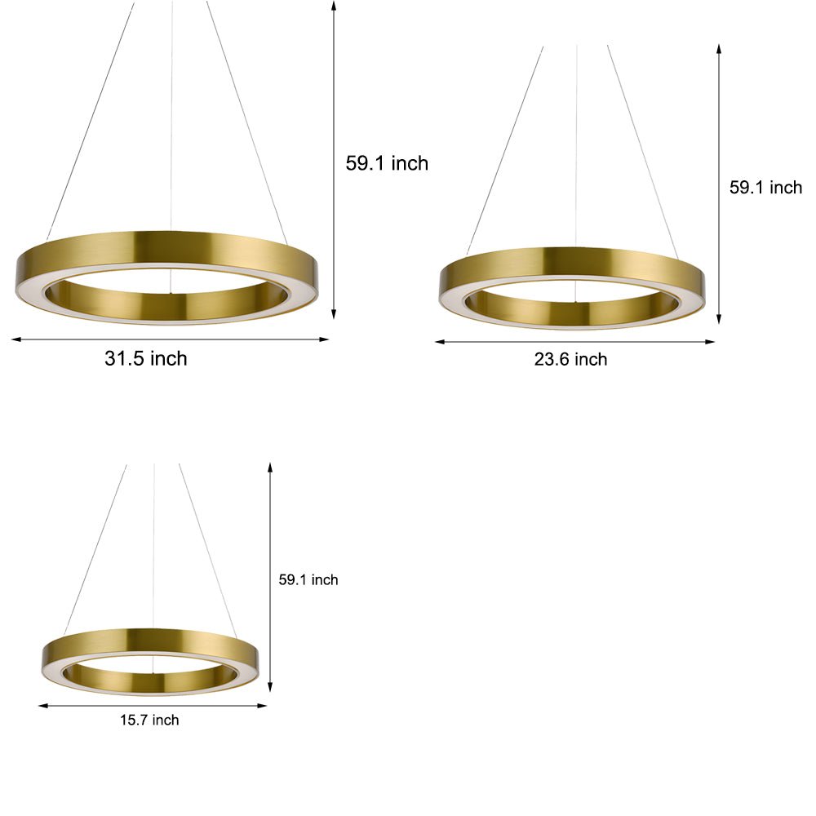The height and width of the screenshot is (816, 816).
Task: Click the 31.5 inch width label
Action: click(x=145, y=358)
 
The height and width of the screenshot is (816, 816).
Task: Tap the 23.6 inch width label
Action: click(x=570, y=359)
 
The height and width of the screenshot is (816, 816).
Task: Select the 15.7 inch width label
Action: click(x=149, y=720)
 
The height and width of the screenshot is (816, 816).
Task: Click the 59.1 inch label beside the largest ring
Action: click(x=387, y=163)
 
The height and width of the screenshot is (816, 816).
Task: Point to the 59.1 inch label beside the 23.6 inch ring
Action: click(x=765, y=188)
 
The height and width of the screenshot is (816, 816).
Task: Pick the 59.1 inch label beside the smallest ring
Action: click(x=308, y=580)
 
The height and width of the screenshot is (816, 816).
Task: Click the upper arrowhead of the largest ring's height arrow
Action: click(x=334, y=4)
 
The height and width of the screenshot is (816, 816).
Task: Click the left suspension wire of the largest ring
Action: click(x=90, y=122)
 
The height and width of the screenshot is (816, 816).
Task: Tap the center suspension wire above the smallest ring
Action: click(x=154, y=547)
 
